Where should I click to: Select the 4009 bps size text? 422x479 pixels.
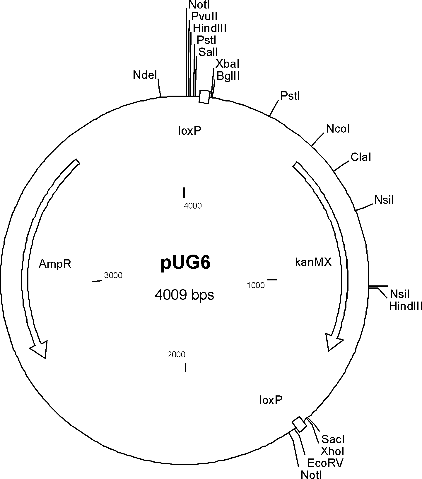[184, 294]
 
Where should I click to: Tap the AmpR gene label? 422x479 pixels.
[55, 264]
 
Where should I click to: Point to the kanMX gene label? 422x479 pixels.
[313, 262]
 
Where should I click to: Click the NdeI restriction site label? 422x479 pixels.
[145, 75]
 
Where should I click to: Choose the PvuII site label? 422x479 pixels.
[204, 16]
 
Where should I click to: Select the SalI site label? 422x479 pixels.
[208, 52]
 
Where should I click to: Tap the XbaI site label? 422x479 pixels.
[228, 64]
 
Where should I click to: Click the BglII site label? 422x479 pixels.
[228, 76]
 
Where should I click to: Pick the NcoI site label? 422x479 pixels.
[338, 129]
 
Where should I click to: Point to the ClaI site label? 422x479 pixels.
[361, 158]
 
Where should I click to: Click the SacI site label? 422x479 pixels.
[333, 439]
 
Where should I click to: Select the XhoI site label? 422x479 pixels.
[332, 451]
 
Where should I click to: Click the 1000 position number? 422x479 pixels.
[256, 285]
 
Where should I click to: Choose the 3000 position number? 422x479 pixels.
[113, 275]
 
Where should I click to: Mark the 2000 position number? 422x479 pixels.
[176, 355]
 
